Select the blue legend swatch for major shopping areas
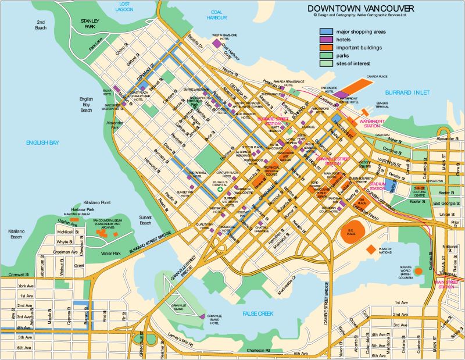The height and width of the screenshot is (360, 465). click(x=325, y=31)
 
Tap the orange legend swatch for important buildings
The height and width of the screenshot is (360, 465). click(x=325, y=47)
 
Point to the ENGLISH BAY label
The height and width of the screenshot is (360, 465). click(x=42, y=142)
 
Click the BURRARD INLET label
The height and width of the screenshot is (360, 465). click(x=407, y=92)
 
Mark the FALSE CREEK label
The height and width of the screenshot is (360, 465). click(x=257, y=313)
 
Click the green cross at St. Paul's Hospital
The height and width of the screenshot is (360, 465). click(x=220, y=190)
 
